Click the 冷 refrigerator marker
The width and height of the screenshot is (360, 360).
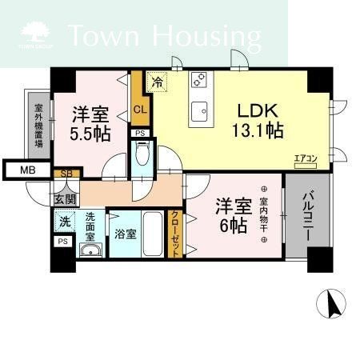(158, 82)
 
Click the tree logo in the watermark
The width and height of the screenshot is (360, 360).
(34, 33)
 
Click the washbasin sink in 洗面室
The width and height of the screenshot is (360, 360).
(89, 251)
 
